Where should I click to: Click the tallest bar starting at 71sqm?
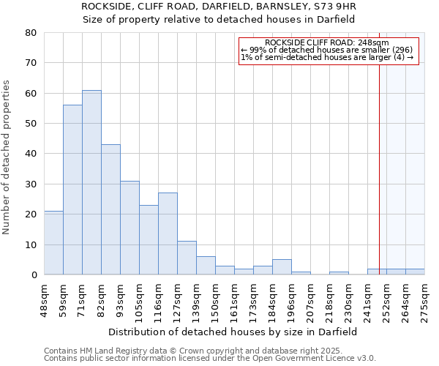click(x=91, y=182)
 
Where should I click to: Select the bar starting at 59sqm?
click(x=72, y=190)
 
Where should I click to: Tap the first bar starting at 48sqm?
click(x=53, y=242)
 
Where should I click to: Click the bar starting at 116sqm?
click(x=168, y=234)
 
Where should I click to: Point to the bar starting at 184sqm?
click(x=282, y=267)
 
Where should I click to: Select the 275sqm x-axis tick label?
click(x=424, y=300)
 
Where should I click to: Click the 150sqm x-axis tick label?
click(x=215, y=300)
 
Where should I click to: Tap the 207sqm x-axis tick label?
click(x=310, y=300)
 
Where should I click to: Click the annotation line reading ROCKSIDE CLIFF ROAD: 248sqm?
click(x=327, y=43)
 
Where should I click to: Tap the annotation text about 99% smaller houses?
click(x=327, y=51)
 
